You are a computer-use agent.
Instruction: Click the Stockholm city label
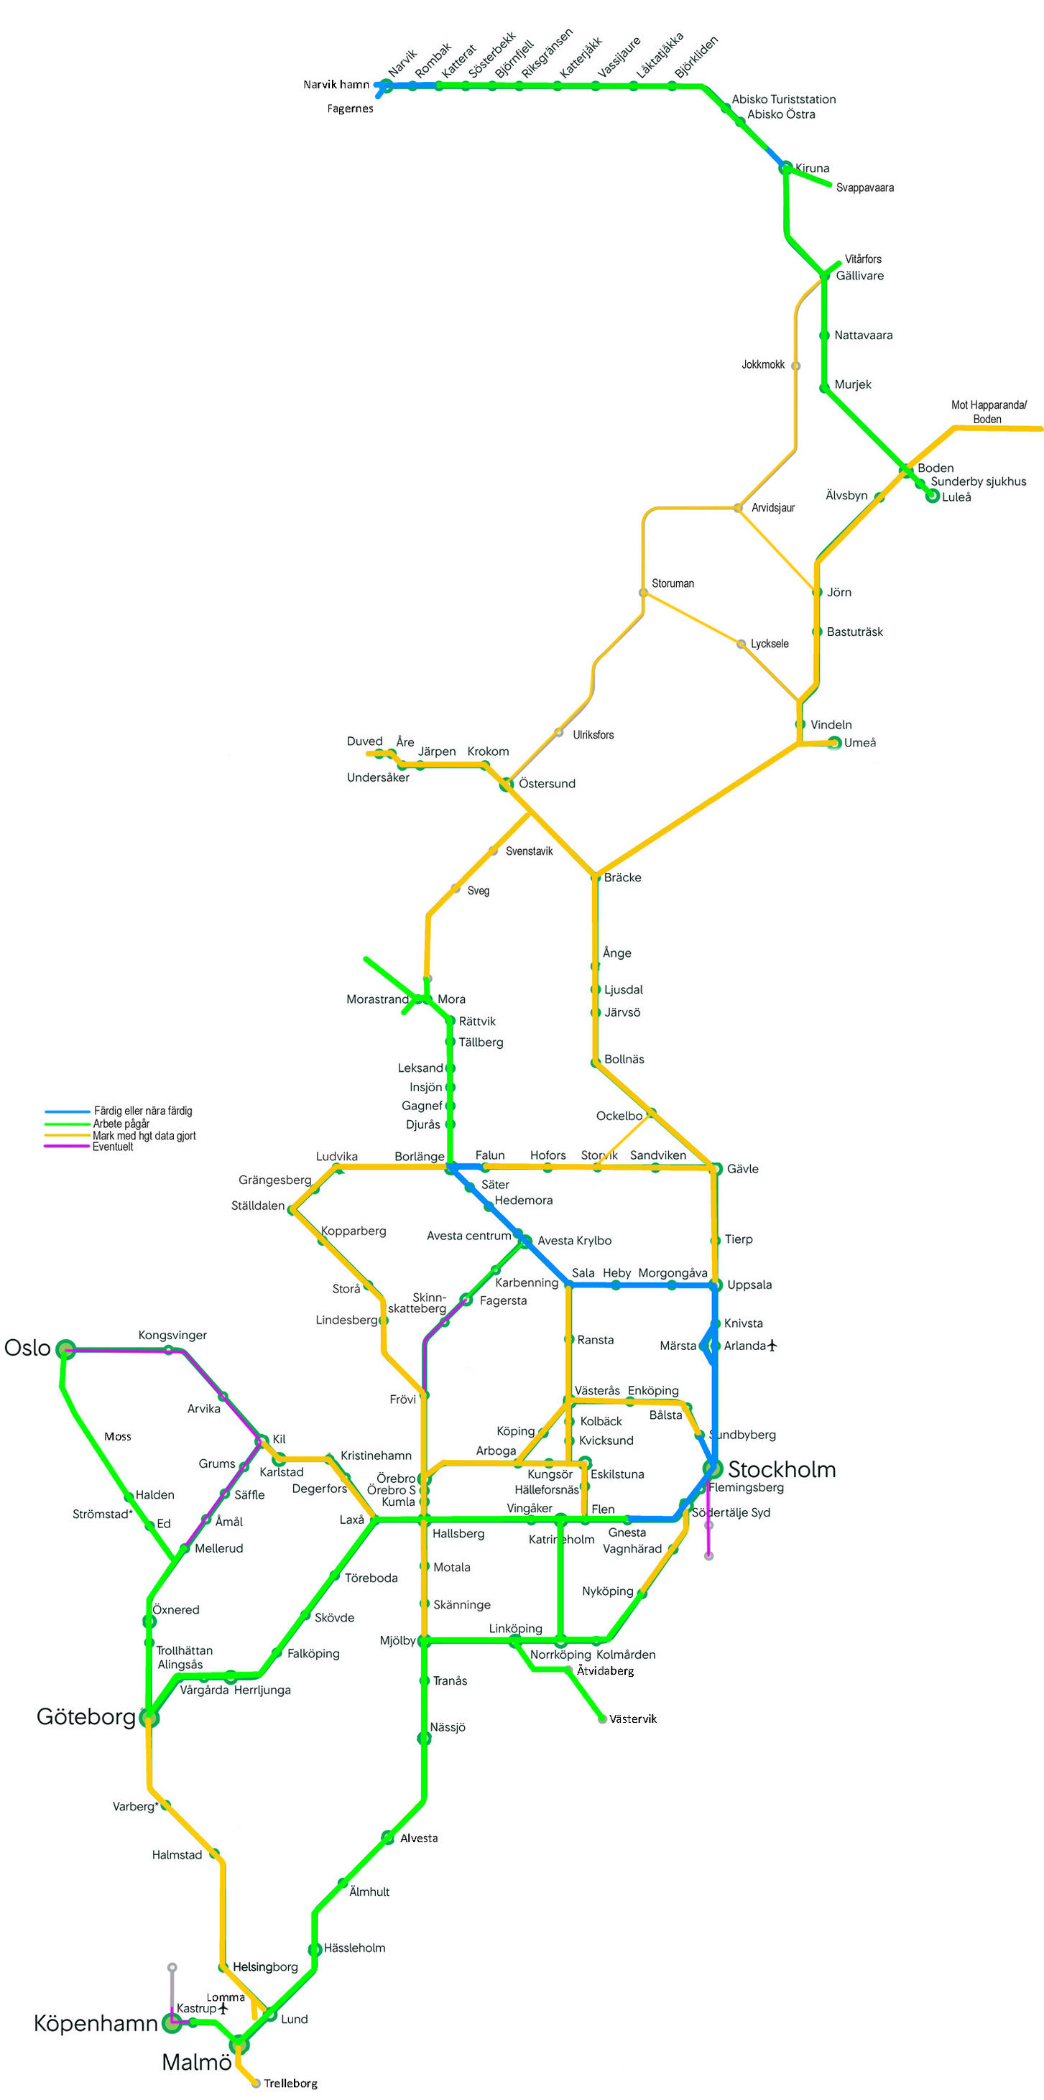(x=781, y=1469)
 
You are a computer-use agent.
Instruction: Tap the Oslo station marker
(x=65, y=1349)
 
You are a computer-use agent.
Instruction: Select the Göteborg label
(x=86, y=1716)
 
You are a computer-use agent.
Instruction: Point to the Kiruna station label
(x=812, y=168)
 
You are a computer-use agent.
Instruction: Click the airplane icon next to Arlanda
(x=772, y=1345)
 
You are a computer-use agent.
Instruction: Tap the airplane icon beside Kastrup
(x=223, y=2008)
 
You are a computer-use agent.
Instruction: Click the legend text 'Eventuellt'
(x=113, y=1146)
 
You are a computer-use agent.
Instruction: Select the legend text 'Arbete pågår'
(x=121, y=1124)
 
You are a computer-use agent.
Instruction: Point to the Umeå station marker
(x=833, y=742)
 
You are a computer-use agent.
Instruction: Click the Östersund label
(x=547, y=783)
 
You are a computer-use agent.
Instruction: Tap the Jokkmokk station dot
(x=795, y=365)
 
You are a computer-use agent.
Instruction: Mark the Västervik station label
(x=632, y=1719)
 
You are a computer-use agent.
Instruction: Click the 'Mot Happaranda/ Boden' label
(x=988, y=412)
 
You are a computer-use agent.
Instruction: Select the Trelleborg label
(x=290, y=2083)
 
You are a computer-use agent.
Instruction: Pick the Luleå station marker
(x=933, y=496)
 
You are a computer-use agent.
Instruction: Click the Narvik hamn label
(x=336, y=84)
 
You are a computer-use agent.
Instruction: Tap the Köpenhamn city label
(x=96, y=2022)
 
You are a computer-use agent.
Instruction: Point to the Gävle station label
(x=742, y=1168)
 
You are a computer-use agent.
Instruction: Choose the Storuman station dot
(x=643, y=592)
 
